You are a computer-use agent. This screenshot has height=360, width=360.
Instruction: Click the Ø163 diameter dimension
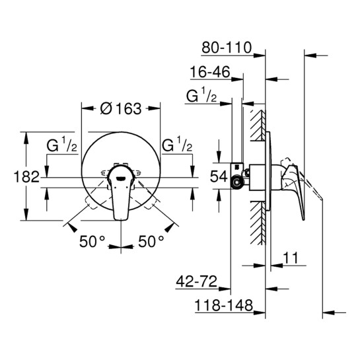pos(120,110)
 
